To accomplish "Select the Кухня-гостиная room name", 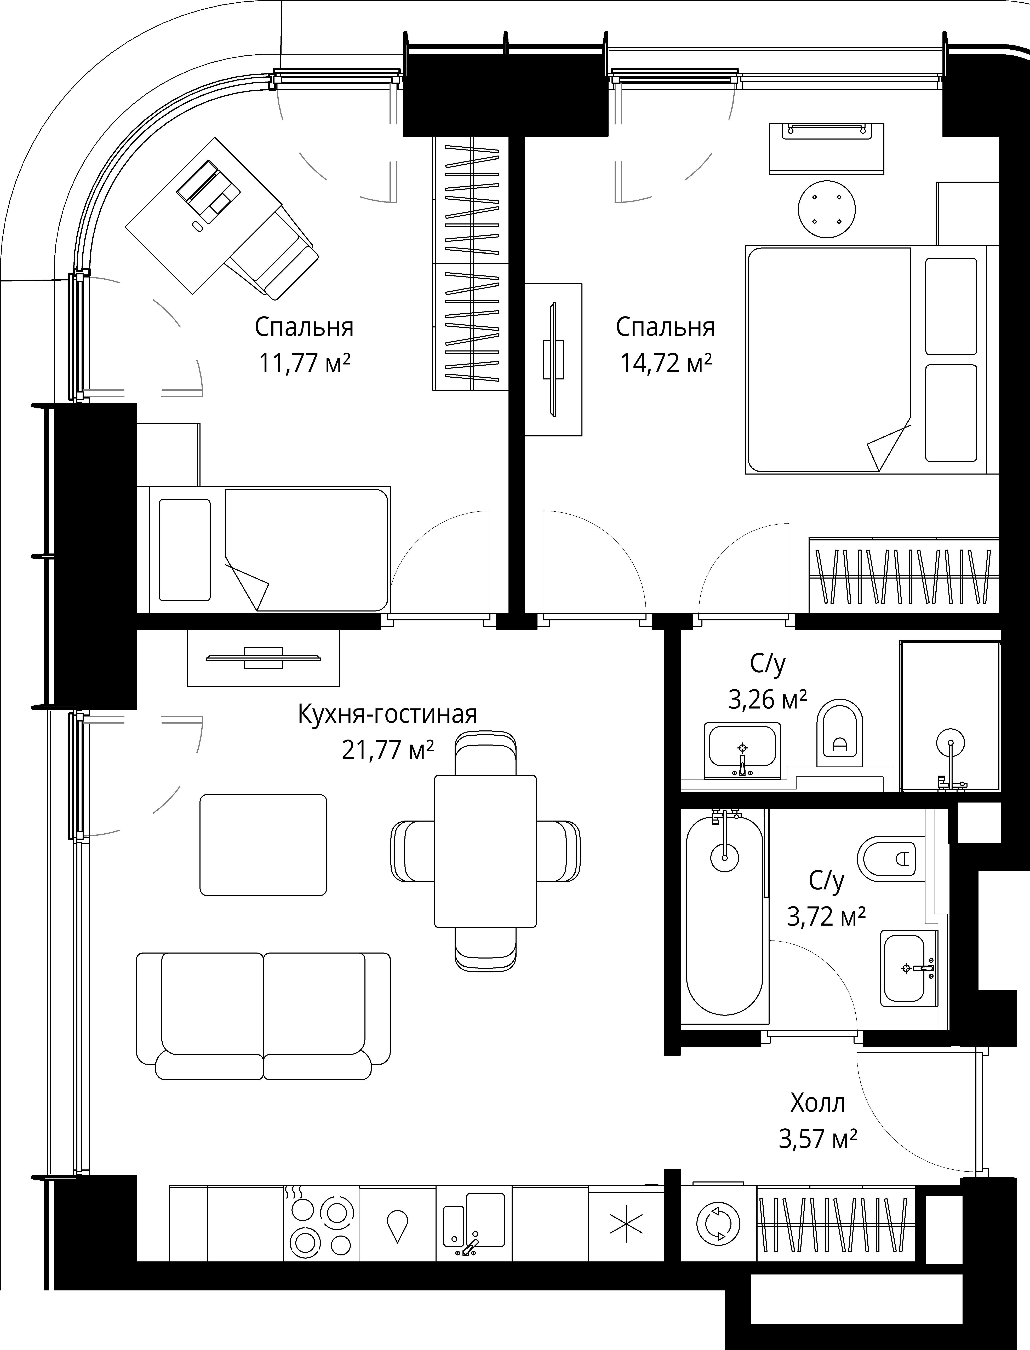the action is pyautogui.click(x=387, y=714).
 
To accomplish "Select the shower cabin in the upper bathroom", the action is pyautogui.click(x=950, y=716).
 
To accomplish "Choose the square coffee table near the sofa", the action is pyautogui.click(x=263, y=844).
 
